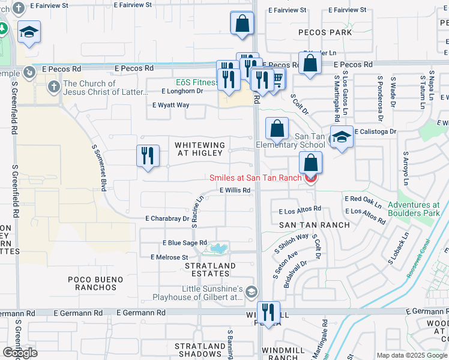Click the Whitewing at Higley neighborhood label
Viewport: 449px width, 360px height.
200,149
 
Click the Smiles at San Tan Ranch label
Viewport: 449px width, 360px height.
258,178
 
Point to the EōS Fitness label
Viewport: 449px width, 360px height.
196,82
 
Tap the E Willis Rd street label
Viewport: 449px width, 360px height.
234,190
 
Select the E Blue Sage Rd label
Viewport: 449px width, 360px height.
184,242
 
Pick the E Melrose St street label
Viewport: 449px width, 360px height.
169,257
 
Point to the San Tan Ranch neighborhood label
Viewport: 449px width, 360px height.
314,225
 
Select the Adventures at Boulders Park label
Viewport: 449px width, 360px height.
414,209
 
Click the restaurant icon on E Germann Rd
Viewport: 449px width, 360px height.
268,312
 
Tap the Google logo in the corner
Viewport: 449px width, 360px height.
20,352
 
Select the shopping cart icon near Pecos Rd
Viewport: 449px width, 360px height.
277,79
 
